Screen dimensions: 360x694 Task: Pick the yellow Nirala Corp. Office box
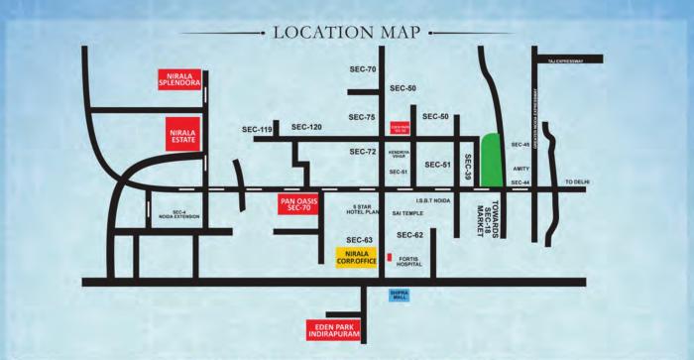click(x=355, y=256)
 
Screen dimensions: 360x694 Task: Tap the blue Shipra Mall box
click(x=400, y=294)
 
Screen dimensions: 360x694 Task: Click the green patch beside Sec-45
click(x=491, y=158)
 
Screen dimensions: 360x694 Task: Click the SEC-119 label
click(x=257, y=129)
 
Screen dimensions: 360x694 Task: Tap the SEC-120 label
click(x=306, y=128)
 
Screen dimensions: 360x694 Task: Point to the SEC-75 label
click(x=363, y=118)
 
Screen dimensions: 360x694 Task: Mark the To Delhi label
click(x=576, y=182)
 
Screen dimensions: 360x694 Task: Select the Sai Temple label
click(x=407, y=212)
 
